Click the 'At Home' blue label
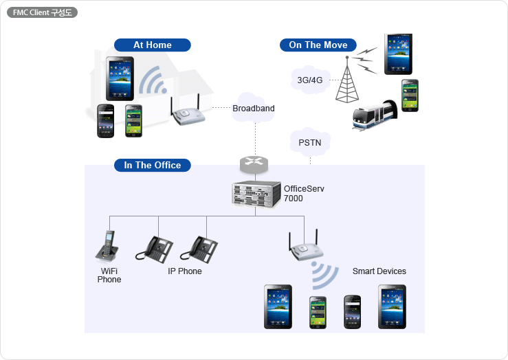coord(152,45)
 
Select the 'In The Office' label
coord(152,166)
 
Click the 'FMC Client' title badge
coord(42,12)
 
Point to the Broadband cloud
coord(253,109)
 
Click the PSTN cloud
coord(309,143)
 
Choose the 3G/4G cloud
coord(310,80)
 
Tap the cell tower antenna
coord(347,80)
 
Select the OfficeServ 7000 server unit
coord(256,192)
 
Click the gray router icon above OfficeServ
coord(254,164)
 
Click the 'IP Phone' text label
coord(185,271)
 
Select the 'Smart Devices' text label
coord(379,271)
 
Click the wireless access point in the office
coord(303,248)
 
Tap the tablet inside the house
coord(120,78)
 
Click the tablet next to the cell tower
coord(398,54)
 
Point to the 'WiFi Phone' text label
coord(109,275)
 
